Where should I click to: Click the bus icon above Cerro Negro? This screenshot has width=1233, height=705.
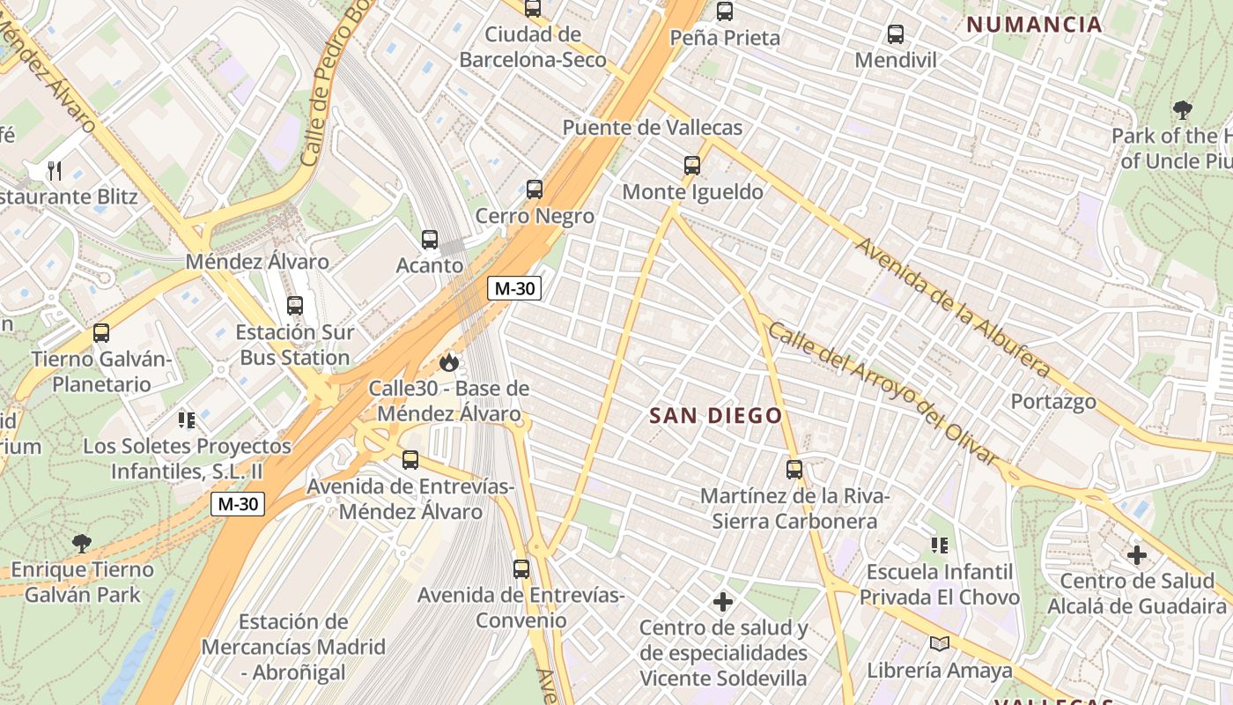(534, 189)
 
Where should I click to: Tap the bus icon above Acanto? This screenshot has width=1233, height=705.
(430, 240)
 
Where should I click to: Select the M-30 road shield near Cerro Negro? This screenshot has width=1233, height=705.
(514, 288)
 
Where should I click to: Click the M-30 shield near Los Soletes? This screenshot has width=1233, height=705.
(238, 504)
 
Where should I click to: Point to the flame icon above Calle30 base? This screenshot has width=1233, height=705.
(449, 362)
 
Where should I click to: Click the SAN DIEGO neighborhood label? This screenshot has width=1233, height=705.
(716, 416)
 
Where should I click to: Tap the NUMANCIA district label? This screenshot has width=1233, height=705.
(1034, 25)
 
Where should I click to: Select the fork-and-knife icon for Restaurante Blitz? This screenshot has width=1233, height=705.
(55, 169)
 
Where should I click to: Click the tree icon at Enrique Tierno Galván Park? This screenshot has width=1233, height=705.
(82, 544)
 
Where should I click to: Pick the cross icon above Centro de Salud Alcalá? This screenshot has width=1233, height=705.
(1137, 555)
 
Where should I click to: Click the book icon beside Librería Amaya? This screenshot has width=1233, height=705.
(940, 644)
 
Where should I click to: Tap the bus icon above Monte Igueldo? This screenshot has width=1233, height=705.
(692, 165)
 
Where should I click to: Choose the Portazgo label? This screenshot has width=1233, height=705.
(1053, 402)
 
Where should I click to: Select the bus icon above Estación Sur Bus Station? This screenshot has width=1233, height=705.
(295, 306)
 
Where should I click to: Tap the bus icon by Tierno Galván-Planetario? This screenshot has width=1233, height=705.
(101, 333)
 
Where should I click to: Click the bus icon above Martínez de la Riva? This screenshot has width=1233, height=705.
(794, 470)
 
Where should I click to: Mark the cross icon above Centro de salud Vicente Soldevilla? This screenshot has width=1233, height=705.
(723, 602)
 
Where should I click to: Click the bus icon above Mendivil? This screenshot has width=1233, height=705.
(896, 34)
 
